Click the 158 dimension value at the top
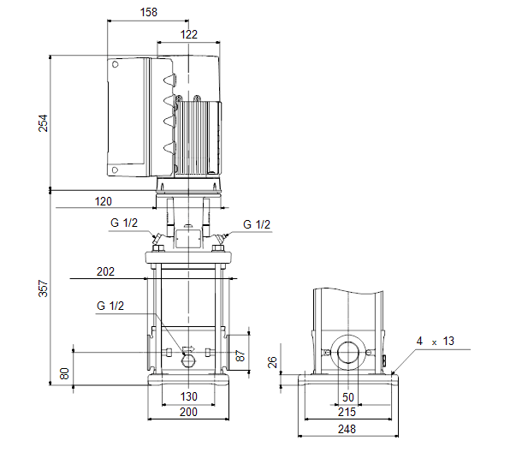coord(149,12)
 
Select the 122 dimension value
coord(189,34)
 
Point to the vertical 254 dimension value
coord(44,123)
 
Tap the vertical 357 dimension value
coord(44,289)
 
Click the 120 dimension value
coord(104,201)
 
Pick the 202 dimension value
coord(105,271)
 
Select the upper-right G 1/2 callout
coord(257,224)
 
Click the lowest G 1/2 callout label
coord(110,306)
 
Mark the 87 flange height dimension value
coord(240,355)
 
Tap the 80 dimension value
coord(64,374)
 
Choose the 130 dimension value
coord(189,396)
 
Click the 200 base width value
coord(188,412)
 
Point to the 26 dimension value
coord(272,362)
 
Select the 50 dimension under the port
coord(348,397)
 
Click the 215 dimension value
coord(347,413)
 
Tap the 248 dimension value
coord(347,429)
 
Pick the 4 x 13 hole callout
coord(435,341)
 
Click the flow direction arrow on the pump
coord(188,349)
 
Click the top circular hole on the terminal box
coord(116,64)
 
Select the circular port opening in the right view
coord(348,353)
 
